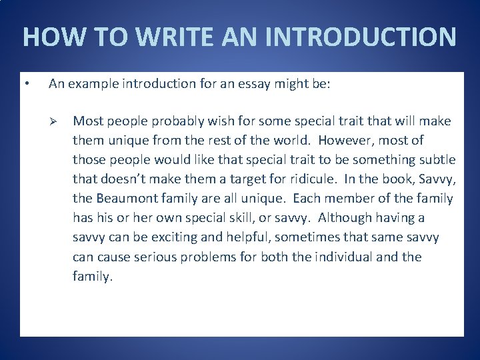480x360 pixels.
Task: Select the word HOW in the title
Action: [47, 37]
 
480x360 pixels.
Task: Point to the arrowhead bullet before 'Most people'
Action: [57, 121]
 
